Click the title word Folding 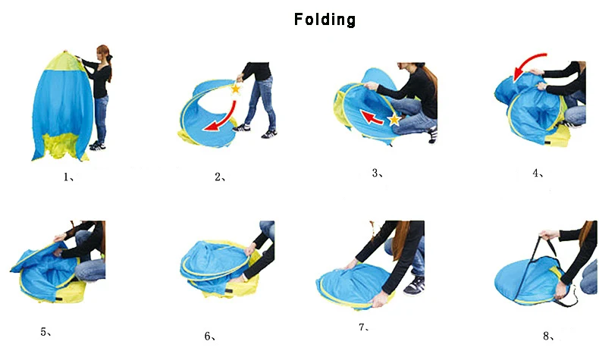325,20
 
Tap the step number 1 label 68,177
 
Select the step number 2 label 220,177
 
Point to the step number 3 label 378,174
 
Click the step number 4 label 538,174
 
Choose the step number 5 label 45,332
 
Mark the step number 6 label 210,337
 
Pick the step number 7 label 363,327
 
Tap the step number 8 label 548,336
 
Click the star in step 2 236,89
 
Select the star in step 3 394,120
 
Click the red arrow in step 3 372,118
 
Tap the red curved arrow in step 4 525,61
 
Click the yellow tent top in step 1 65,61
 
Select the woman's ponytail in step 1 109,65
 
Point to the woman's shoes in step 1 97,145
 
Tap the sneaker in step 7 415,285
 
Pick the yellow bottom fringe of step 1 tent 61,146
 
